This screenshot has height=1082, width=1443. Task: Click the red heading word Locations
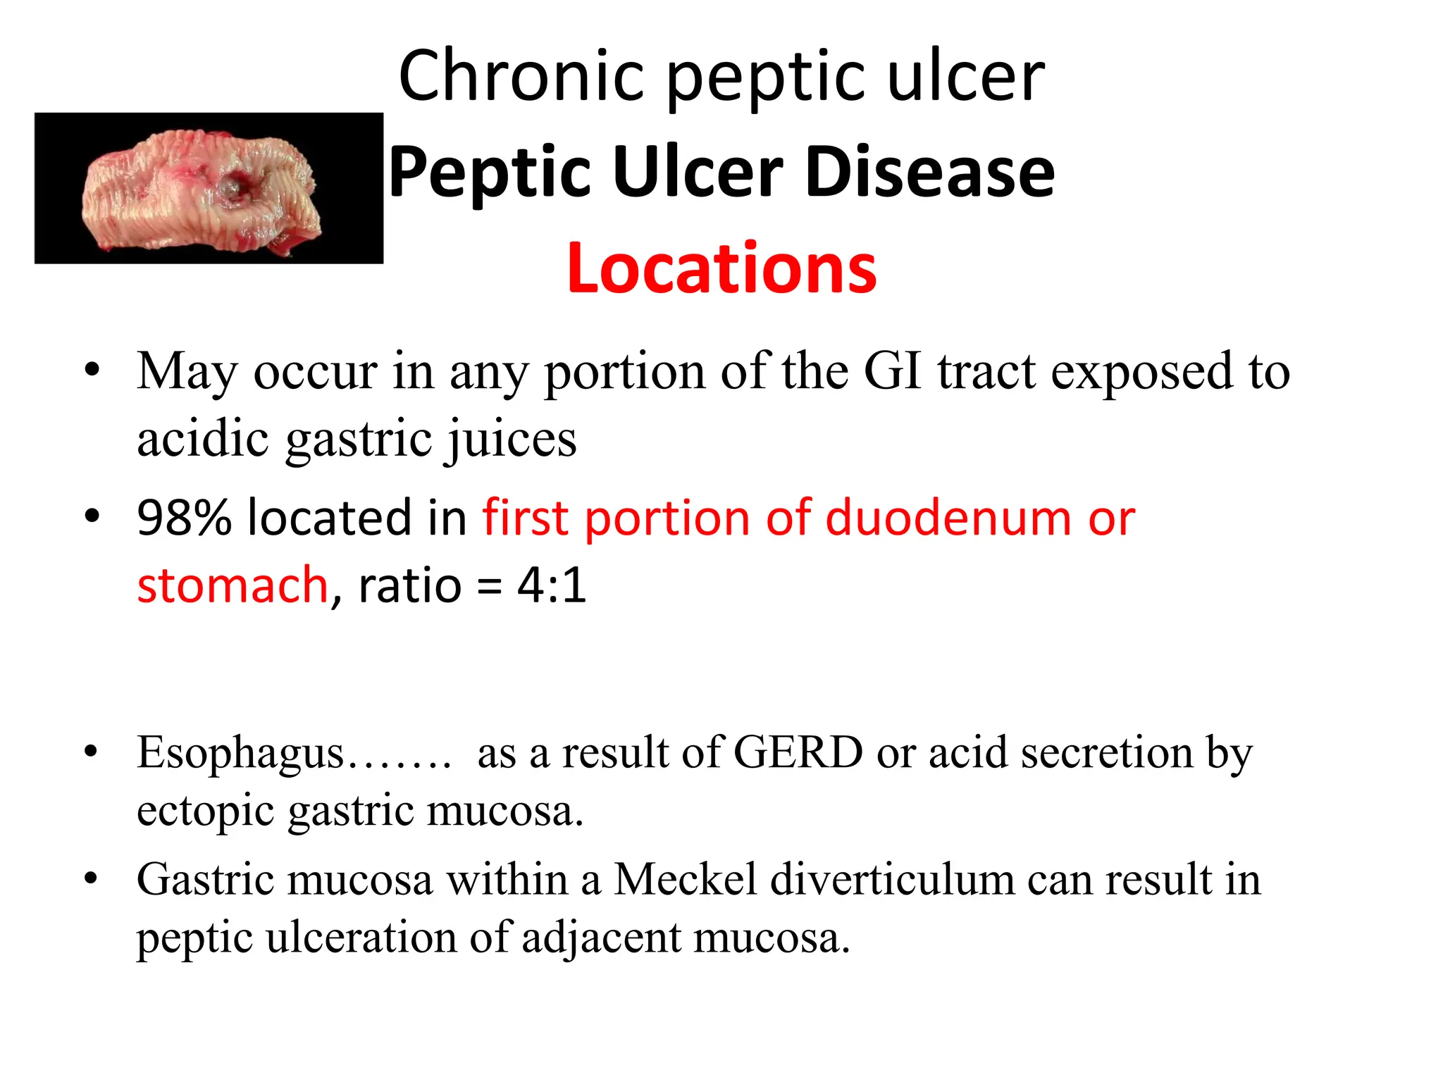(x=721, y=268)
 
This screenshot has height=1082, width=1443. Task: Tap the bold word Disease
(x=929, y=172)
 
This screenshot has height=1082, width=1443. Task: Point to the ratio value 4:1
(x=552, y=585)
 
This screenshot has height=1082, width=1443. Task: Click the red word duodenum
(x=949, y=518)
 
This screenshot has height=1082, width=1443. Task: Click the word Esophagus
(x=240, y=752)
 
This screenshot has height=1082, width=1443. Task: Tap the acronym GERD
(x=798, y=752)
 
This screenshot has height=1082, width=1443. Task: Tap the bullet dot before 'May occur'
(x=92, y=370)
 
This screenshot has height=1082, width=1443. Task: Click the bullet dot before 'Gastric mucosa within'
(x=91, y=878)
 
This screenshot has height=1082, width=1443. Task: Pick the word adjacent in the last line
(x=600, y=938)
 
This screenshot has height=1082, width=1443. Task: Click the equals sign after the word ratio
(x=489, y=587)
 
